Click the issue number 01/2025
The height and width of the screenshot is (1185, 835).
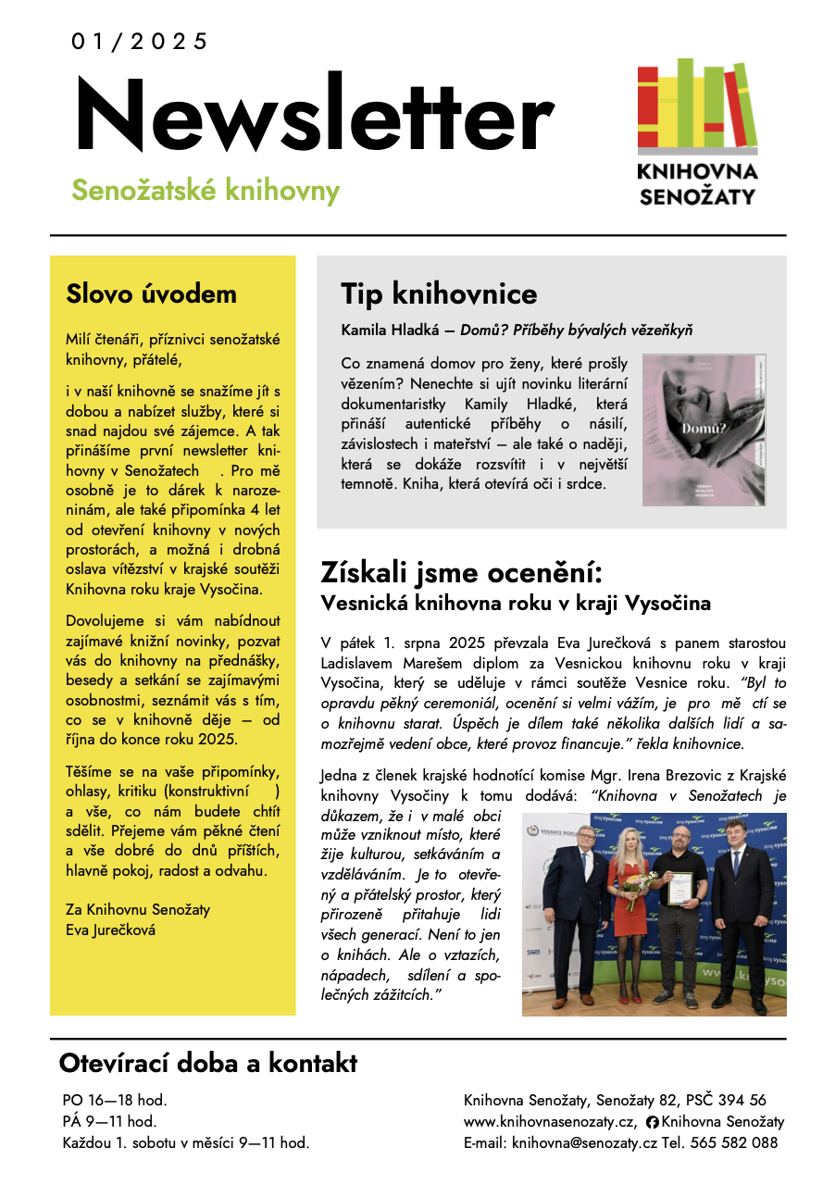pos(139,42)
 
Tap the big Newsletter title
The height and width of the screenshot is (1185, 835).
pos(313,118)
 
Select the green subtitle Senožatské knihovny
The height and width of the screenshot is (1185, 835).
pos(206,190)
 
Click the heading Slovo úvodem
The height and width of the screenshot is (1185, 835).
pos(151,294)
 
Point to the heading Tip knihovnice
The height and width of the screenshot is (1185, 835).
pos(439,294)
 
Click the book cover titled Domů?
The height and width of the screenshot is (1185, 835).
pos(704,430)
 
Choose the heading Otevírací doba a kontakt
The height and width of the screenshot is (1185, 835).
pos(207,1063)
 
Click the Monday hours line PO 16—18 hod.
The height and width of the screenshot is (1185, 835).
pos(115,1101)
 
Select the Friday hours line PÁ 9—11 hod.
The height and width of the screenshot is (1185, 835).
pos(109,1122)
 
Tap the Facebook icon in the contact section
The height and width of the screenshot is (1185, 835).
pos(653,1122)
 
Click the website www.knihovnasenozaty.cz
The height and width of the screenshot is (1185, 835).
pos(550,1122)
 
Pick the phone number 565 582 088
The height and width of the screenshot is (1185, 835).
pos(737,1143)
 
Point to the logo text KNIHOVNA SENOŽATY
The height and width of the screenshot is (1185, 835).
pos(697,183)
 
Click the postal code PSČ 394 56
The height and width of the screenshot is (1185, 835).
pos(727,1101)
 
